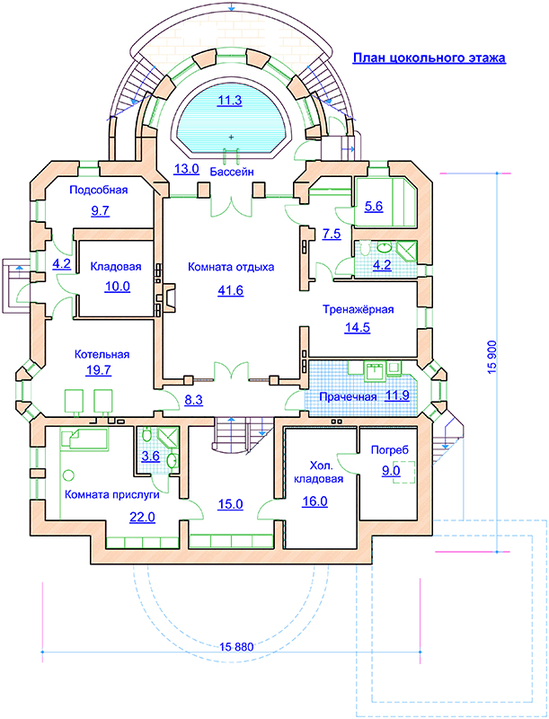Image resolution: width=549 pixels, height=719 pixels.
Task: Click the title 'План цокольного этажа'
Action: (429, 58)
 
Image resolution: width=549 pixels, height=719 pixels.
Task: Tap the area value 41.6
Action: (231, 289)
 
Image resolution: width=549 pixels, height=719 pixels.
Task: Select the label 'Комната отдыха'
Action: (231, 267)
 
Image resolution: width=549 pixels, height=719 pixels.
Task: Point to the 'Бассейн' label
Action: (233, 171)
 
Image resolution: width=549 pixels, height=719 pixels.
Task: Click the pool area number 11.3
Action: (230, 101)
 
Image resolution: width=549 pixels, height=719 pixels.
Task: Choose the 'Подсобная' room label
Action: (99, 190)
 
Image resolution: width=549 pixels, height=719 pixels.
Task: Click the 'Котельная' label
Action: (102, 354)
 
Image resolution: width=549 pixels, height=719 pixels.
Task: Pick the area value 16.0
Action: (314, 502)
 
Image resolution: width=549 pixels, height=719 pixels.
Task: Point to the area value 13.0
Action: (186, 169)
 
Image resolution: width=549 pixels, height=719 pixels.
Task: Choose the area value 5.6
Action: (374, 207)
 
